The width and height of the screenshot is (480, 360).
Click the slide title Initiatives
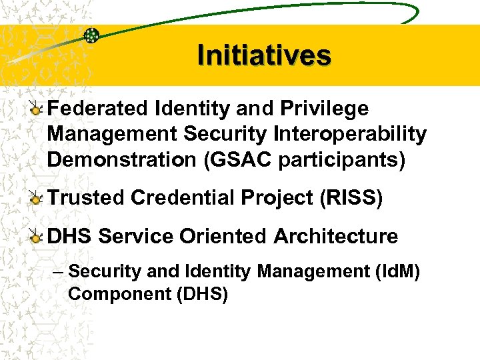tap(264, 55)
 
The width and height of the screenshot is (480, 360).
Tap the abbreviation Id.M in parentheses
tap(389, 272)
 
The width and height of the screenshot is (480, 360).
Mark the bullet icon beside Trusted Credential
tap(37, 199)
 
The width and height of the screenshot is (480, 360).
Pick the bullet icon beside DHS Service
tap(37, 237)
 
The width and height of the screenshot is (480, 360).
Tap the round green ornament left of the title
tap(91, 35)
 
